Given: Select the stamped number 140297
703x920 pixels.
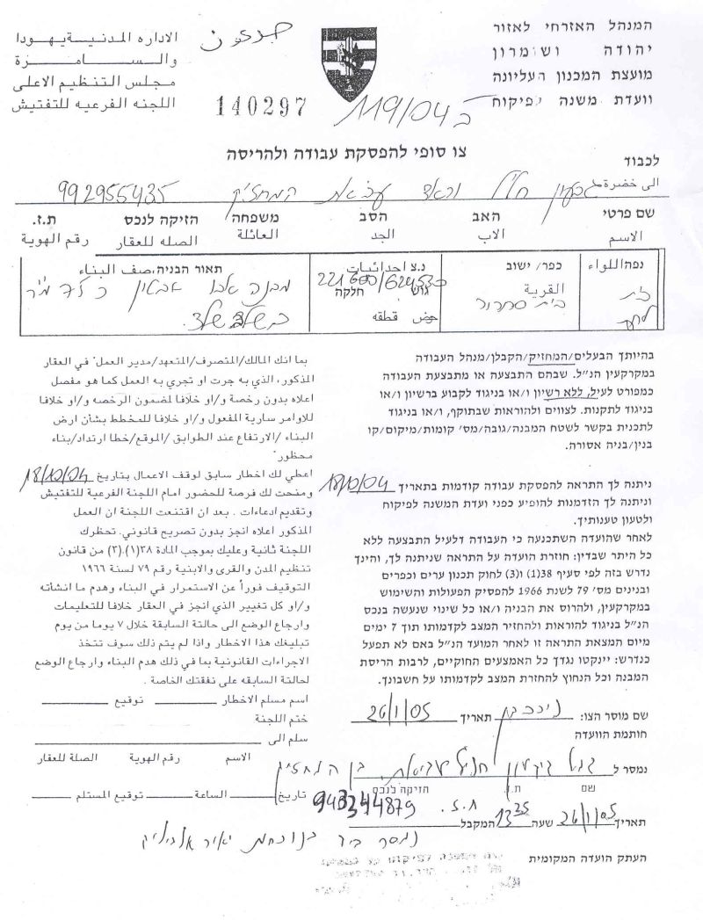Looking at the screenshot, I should click(x=261, y=106).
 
